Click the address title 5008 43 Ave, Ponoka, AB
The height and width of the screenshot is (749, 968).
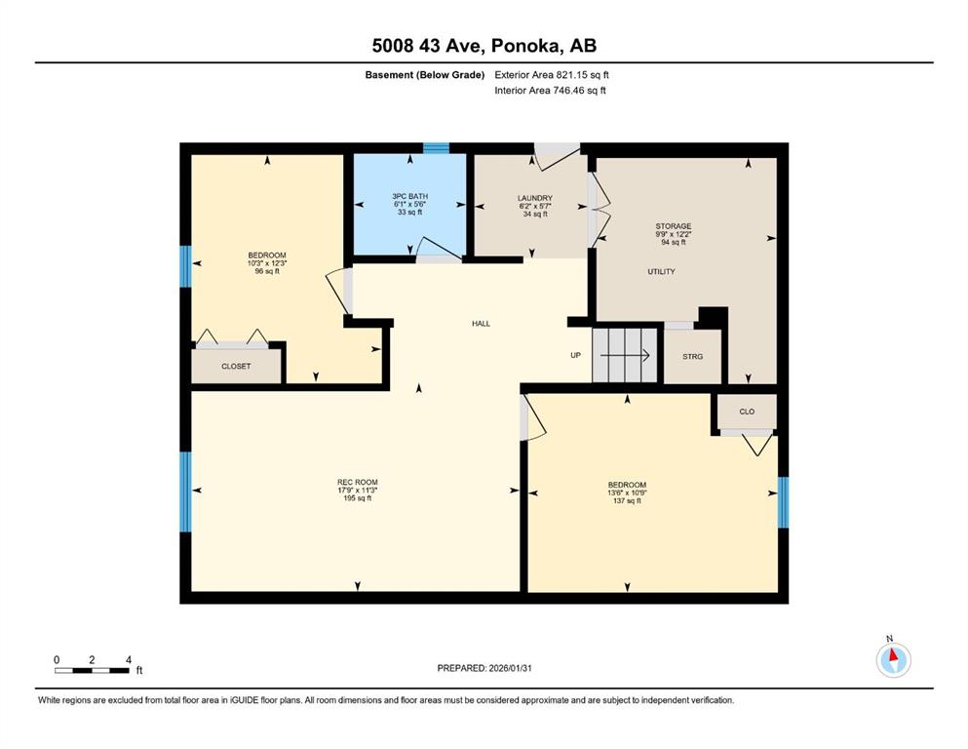[484, 46]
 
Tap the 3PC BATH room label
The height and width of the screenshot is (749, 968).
[410, 196]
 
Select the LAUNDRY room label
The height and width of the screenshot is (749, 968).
[534, 198]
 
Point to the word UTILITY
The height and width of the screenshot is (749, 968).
[661, 272]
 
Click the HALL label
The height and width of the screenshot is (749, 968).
[481, 324]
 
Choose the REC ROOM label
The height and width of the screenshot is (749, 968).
[358, 482]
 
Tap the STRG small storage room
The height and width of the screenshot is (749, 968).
[693, 356]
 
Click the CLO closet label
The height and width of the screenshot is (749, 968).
[747, 412]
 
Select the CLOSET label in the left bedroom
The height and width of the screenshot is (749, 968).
[237, 366]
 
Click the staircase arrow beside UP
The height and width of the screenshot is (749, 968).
[625, 355]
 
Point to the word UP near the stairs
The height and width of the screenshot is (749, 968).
[575, 355]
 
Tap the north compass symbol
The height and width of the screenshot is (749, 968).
[893, 659]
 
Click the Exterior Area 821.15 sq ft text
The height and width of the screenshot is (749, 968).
[552, 75]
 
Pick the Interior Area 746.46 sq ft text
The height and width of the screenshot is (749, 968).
[550, 90]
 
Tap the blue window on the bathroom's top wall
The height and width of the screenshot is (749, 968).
[436, 148]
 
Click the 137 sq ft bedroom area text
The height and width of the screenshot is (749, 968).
[627, 500]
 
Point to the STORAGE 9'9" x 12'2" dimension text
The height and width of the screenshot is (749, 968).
[674, 234]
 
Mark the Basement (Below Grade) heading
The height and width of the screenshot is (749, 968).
[425, 75]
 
